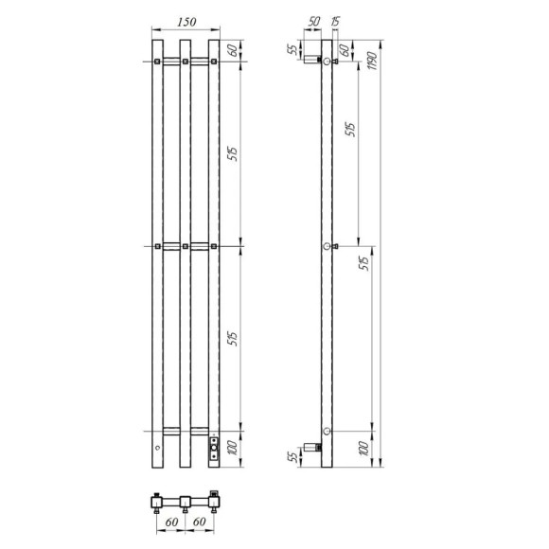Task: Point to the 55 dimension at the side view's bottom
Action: tap(293, 458)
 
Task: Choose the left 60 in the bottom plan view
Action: tap(171, 520)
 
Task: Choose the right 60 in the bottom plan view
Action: tap(199, 520)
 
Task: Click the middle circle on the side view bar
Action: tap(328, 246)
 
